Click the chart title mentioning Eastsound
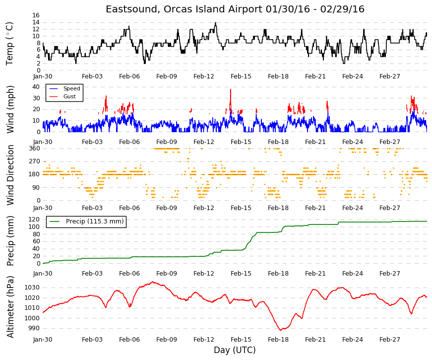(x=235, y=9)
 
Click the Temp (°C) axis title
(x=9, y=44)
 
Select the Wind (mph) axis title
(x=10, y=109)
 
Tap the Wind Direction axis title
(x=10, y=175)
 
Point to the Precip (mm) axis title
(x=10, y=241)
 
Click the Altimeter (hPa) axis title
(x=10, y=307)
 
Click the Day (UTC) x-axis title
(x=235, y=350)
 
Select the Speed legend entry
(x=64, y=88)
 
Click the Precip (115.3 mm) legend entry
(x=86, y=221)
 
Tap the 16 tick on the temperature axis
(x=36, y=15)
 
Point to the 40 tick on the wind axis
(x=36, y=87)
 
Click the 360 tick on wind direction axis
(x=34, y=148)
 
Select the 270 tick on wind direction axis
(x=34, y=161)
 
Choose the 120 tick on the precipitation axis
(x=34, y=219)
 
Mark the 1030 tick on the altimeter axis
(x=33, y=288)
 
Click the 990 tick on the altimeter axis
(x=34, y=328)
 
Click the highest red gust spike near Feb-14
(x=231, y=89)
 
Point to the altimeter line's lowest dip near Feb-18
(x=281, y=330)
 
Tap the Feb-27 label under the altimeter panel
(x=389, y=340)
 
